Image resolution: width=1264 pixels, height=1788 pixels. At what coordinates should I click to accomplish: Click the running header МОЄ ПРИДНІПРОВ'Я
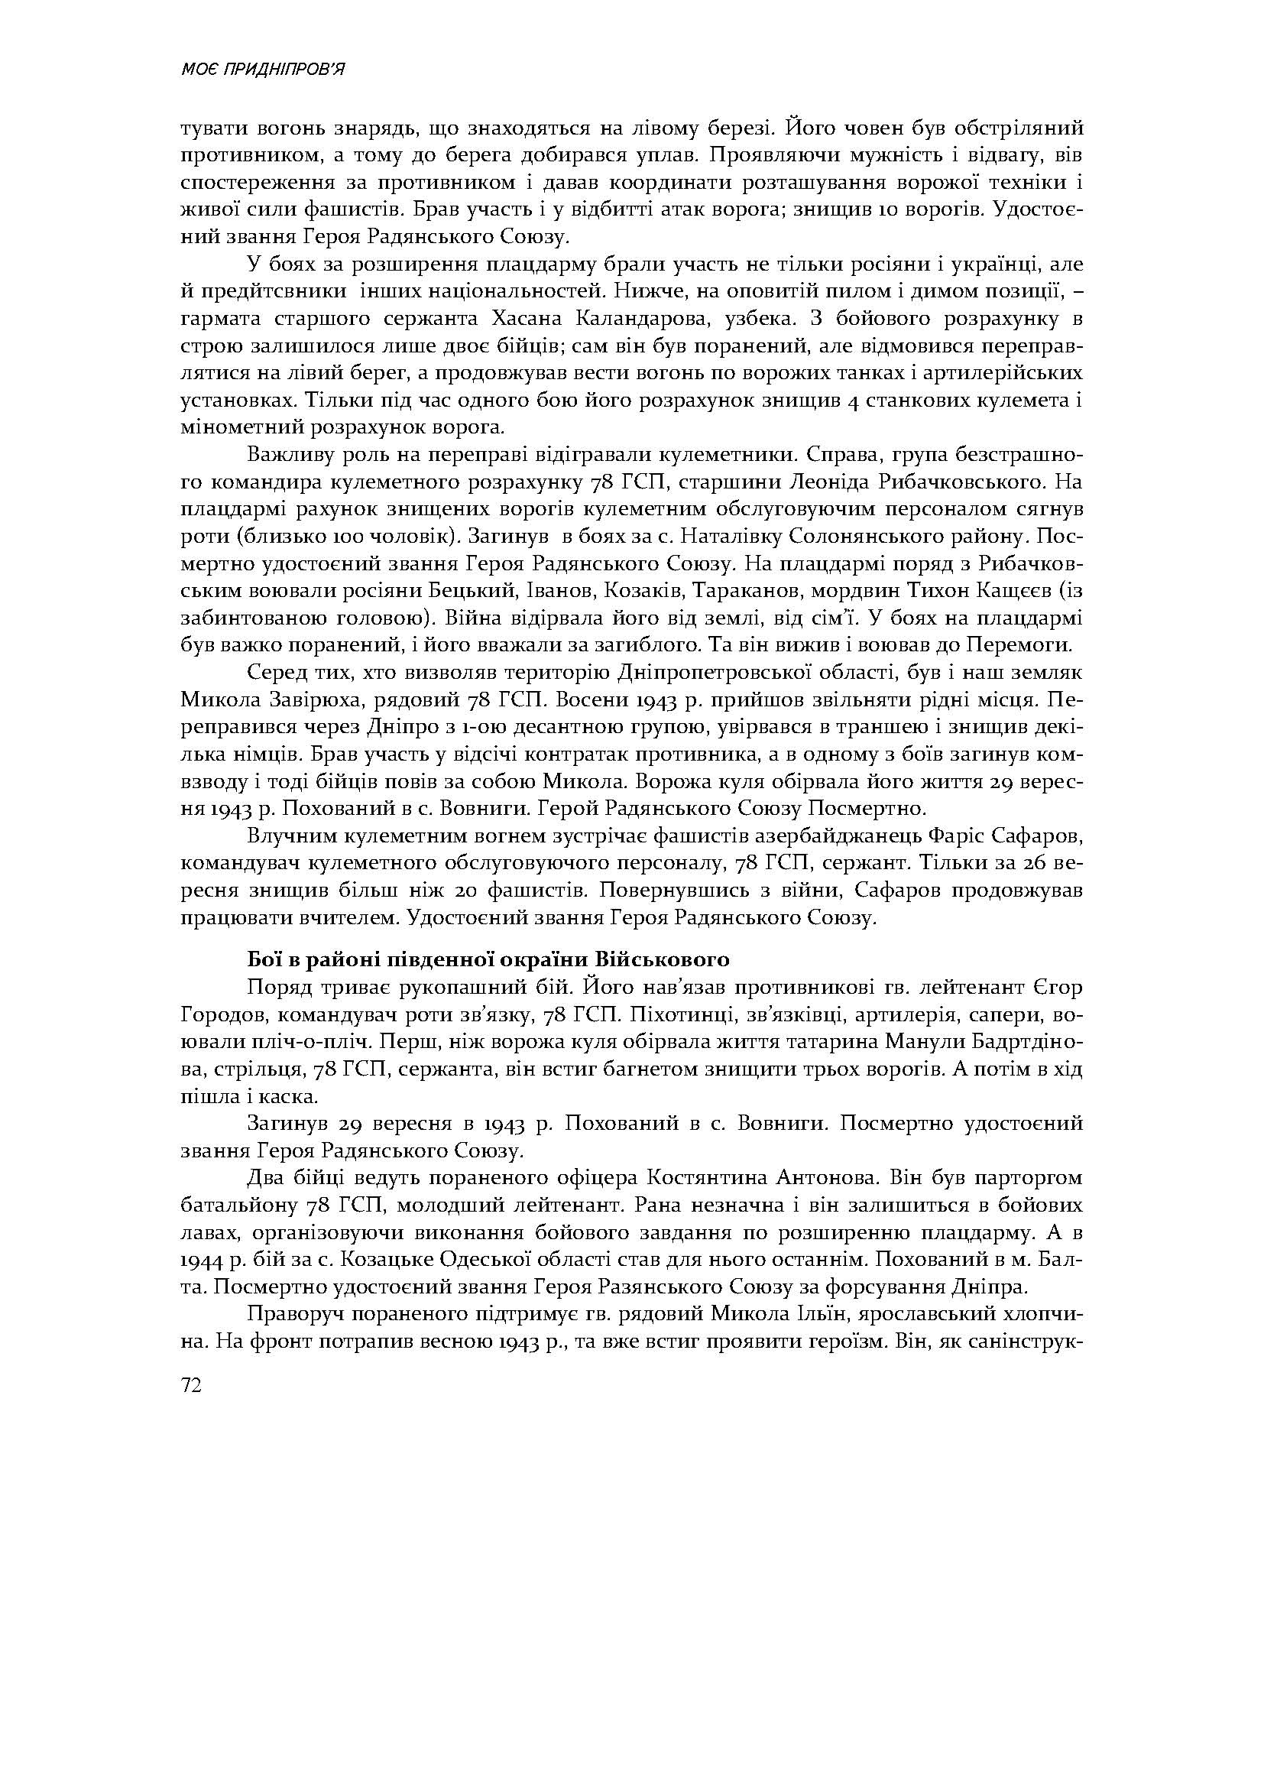[x=262, y=70]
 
